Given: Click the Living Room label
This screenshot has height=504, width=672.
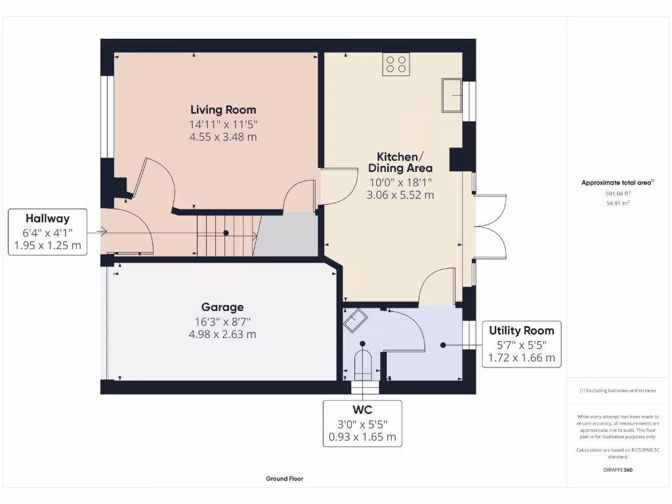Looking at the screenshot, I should (223, 110).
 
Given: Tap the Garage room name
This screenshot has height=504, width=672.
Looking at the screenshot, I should (222, 307).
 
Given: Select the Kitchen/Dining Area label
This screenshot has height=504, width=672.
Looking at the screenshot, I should (400, 162).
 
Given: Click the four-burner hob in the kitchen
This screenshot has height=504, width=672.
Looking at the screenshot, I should (396, 64).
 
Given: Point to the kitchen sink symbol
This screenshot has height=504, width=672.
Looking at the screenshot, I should (452, 96).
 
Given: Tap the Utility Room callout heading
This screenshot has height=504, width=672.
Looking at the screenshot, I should (522, 330).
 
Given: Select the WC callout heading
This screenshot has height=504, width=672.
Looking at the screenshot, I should (362, 409).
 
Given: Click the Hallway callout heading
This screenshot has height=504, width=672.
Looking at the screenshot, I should (47, 219).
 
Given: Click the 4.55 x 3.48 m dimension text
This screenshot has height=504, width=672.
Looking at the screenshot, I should (223, 137).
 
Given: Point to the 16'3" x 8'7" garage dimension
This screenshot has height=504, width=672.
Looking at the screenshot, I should (222, 321).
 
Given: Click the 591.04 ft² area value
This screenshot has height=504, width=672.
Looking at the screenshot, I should (617, 194).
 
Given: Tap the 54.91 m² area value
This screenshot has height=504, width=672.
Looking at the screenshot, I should (617, 203).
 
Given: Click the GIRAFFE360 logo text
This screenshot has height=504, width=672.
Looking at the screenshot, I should (618, 470).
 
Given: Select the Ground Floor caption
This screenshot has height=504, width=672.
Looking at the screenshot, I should (285, 479).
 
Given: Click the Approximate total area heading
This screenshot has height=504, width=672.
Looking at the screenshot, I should (617, 183).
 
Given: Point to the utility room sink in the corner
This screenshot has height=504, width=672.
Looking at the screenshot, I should (356, 321).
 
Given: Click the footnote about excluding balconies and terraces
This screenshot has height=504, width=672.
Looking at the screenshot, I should (617, 390).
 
